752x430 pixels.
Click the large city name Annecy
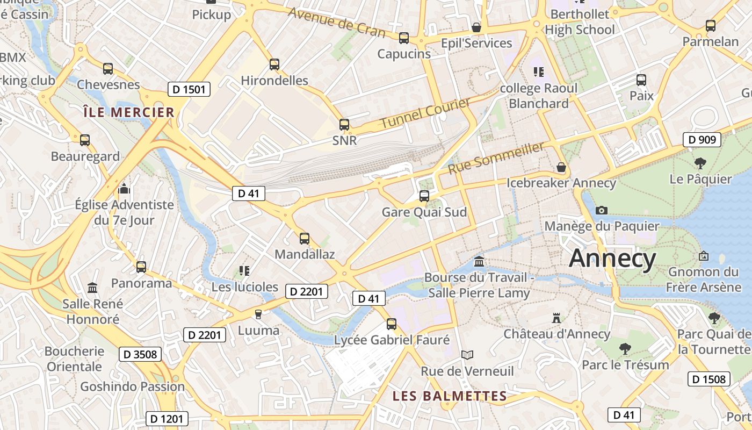tap(612, 259)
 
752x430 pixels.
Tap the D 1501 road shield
tap(189, 89)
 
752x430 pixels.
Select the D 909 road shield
tap(702, 140)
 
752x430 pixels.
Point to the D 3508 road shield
tap(140, 354)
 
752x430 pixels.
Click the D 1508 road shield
tap(708, 379)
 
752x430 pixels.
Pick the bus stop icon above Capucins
tap(404, 38)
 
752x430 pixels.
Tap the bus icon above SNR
tap(344, 125)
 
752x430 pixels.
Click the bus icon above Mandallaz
tap(305, 238)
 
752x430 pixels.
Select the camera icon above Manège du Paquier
tap(602, 210)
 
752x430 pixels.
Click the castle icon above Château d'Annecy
tap(556, 318)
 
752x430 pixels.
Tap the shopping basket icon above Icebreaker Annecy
tap(561, 167)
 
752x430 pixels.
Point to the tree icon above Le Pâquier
tap(700, 163)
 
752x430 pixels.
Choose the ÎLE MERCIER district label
tap(129, 112)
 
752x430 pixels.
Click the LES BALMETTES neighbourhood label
tap(450, 396)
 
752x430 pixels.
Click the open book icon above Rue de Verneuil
tap(467, 355)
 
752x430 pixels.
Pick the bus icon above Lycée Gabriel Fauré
tap(392, 324)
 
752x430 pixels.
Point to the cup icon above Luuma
tap(258, 314)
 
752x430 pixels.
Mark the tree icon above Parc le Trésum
tap(625, 349)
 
